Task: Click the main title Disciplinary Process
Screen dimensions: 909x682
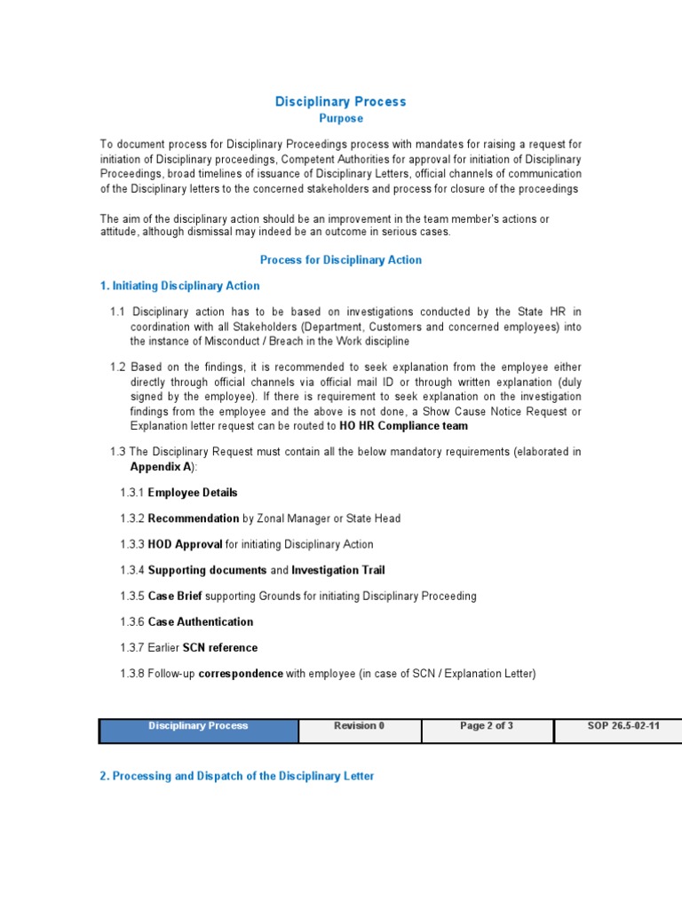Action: coord(340,101)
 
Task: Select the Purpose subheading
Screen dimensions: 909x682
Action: coord(341,118)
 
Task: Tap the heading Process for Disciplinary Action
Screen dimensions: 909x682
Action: coord(340,260)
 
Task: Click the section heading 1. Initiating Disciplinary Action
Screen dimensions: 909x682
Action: coord(180,286)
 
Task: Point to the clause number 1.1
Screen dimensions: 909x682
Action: coord(118,312)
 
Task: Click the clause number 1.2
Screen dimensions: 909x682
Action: coord(118,367)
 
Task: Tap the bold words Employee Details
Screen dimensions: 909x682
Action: coord(193,493)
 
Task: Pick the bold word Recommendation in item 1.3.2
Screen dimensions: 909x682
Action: coord(193,518)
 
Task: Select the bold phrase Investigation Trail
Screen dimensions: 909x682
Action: coord(338,570)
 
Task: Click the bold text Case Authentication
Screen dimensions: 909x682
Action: coord(200,621)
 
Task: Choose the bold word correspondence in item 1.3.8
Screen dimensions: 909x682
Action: coord(240,674)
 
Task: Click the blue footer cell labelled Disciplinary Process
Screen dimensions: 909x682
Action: coord(199,730)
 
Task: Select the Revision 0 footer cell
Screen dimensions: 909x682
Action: coord(360,730)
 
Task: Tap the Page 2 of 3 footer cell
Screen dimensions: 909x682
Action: coord(487,730)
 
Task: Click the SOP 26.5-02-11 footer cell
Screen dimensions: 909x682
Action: coord(618,730)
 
